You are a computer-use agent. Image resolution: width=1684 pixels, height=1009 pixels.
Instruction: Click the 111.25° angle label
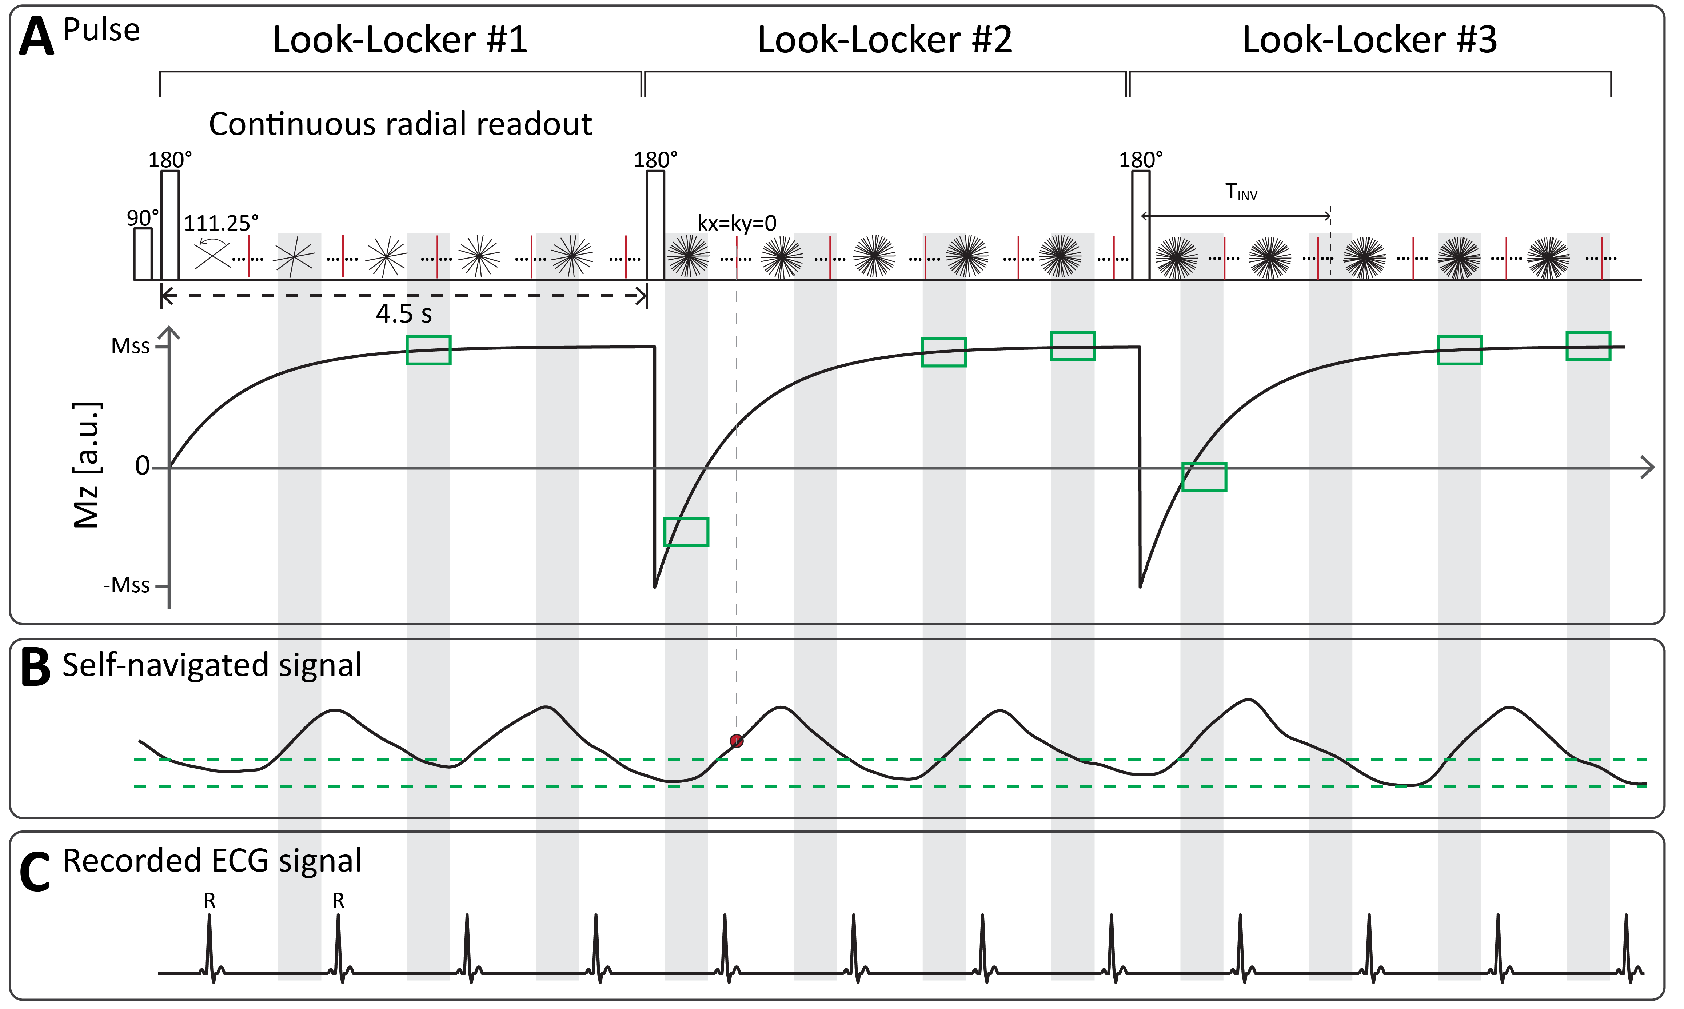[221, 223]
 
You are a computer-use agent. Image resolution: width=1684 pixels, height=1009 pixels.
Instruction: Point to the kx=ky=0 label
[737, 223]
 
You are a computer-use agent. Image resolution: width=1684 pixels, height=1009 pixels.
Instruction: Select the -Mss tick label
[127, 585]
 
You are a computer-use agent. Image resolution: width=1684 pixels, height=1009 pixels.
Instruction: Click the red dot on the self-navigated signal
[737, 741]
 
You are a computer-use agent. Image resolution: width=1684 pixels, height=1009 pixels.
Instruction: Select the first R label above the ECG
[209, 901]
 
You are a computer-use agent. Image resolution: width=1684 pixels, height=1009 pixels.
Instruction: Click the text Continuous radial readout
[400, 124]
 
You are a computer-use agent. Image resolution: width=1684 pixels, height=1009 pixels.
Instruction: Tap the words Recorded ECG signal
[212, 861]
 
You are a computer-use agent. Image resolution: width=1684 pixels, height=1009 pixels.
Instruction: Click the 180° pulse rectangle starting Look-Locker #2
[655, 225]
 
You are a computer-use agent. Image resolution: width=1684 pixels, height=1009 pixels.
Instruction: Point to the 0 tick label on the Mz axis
[142, 467]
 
